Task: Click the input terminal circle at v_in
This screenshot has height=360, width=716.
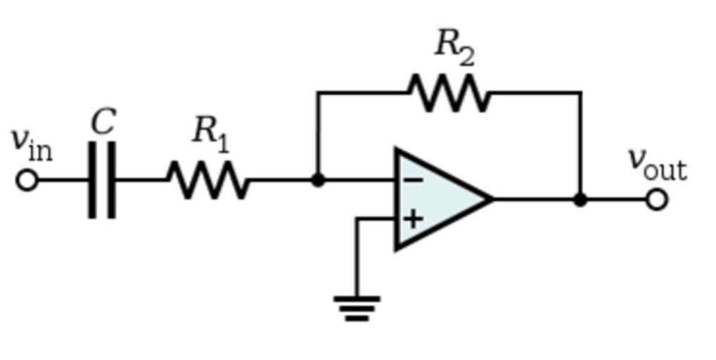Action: (x=27, y=180)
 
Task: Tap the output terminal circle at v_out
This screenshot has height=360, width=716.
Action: (x=656, y=200)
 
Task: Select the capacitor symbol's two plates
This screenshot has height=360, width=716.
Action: (x=102, y=180)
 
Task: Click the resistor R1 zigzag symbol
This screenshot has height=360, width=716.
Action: (x=208, y=180)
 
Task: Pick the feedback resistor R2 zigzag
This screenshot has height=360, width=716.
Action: (x=449, y=93)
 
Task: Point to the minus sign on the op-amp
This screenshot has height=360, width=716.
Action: (x=413, y=181)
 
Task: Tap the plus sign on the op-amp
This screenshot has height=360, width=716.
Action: (x=413, y=219)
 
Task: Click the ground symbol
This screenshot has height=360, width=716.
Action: (x=357, y=308)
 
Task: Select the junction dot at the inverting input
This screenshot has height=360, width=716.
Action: (x=318, y=180)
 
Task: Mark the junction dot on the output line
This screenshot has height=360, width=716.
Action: (x=580, y=200)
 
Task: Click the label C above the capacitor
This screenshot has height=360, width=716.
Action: (x=103, y=122)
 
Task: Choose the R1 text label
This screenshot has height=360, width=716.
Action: (x=210, y=132)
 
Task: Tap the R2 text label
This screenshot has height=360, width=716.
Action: (x=454, y=46)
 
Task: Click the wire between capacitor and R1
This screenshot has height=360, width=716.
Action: (x=141, y=180)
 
